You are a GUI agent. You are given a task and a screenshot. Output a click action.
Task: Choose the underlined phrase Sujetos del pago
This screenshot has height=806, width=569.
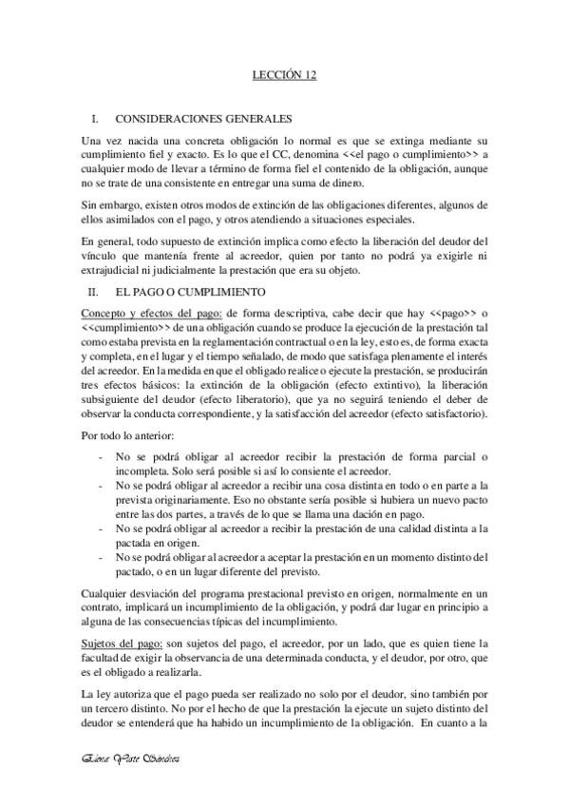pos(123,643)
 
